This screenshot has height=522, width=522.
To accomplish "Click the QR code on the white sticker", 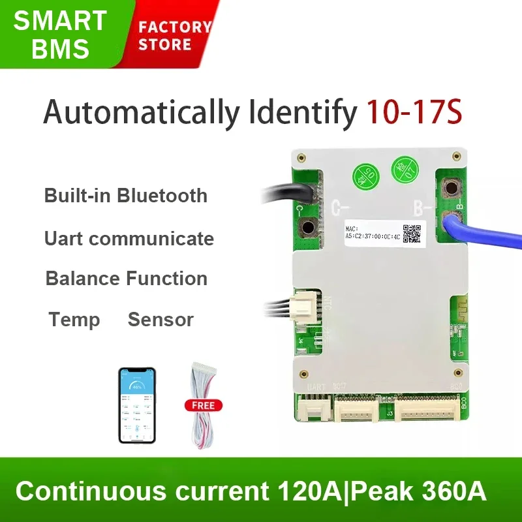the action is (x=411, y=234).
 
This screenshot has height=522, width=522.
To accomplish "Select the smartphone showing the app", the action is (x=137, y=405).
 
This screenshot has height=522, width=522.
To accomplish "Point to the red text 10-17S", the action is (x=414, y=112).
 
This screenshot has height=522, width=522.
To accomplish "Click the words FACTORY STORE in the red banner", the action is (x=174, y=36).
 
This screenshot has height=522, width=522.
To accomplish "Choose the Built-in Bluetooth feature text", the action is (x=126, y=196).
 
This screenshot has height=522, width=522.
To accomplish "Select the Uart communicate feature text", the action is (x=129, y=239).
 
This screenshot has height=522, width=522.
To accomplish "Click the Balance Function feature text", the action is (x=127, y=279).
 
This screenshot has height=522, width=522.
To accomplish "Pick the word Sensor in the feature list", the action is (x=161, y=320).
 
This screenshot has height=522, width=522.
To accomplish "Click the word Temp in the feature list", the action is (x=74, y=320).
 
